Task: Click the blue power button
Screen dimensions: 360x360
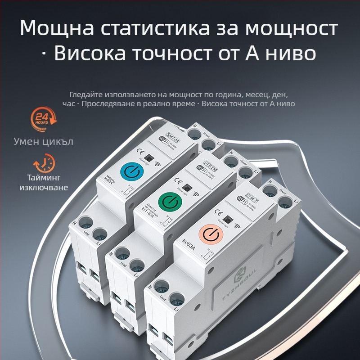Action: pyautogui.click(x=130, y=172)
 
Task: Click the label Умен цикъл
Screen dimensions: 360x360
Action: pyautogui.click(x=43, y=141)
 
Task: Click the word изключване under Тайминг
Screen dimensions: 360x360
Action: pyautogui.click(x=44, y=187)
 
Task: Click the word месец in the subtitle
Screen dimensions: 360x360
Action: pyautogui.click(x=235, y=95)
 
